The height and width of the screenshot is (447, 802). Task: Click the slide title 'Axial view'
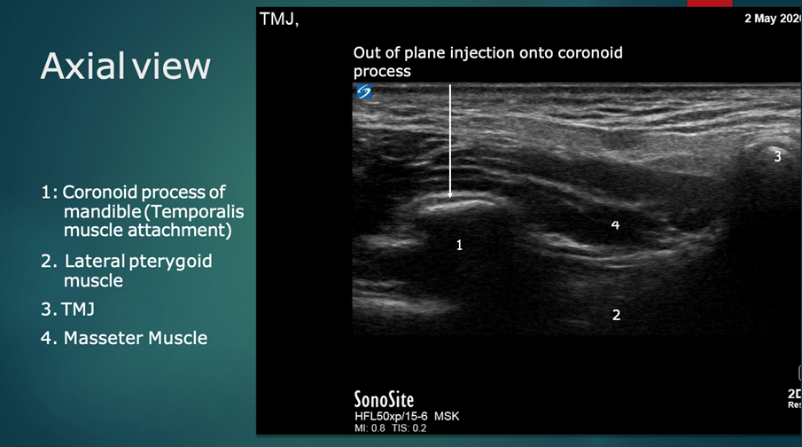pyautogui.click(x=125, y=66)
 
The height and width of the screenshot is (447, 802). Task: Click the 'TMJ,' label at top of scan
pyautogui.click(x=279, y=19)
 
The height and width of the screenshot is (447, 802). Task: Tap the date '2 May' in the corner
pyautogui.click(x=760, y=19)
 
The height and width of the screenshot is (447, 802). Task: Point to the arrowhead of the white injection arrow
pyautogui.click(x=450, y=194)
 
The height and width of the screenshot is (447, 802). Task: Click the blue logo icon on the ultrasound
pyautogui.click(x=364, y=91)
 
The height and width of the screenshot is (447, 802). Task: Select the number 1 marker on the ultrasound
pyautogui.click(x=459, y=246)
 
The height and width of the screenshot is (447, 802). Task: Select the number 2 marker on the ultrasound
pyautogui.click(x=616, y=315)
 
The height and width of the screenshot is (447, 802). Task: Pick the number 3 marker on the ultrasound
pyautogui.click(x=777, y=157)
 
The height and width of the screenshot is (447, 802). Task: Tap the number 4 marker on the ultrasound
pyautogui.click(x=615, y=224)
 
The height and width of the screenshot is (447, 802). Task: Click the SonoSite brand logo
pyautogui.click(x=384, y=399)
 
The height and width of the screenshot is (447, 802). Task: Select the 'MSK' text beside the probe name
pyautogui.click(x=447, y=416)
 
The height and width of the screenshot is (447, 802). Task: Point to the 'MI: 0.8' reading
pyautogui.click(x=370, y=428)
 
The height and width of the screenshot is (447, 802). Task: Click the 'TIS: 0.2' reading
pyautogui.click(x=409, y=428)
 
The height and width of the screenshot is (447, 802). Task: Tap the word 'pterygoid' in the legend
pyautogui.click(x=170, y=262)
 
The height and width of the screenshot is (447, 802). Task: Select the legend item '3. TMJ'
pyautogui.click(x=67, y=310)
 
